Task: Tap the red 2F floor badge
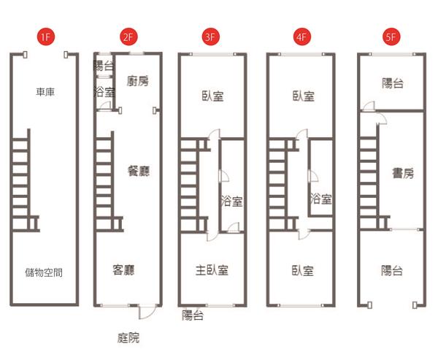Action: [129, 36]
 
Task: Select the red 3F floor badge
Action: [212, 36]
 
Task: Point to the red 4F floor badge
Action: [301, 36]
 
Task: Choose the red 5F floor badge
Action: [391, 36]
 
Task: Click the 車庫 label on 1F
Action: [45, 93]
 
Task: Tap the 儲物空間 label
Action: [43, 272]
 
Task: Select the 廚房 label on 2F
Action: [138, 80]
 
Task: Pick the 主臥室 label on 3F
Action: [212, 270]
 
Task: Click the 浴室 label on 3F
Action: [232, 199]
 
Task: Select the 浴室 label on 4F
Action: [321, 199]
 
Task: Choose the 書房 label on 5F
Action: [402, 173]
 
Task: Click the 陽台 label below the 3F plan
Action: [193, 315]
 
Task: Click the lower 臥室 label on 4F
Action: [302, 271]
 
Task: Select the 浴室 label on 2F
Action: [104, 92]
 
